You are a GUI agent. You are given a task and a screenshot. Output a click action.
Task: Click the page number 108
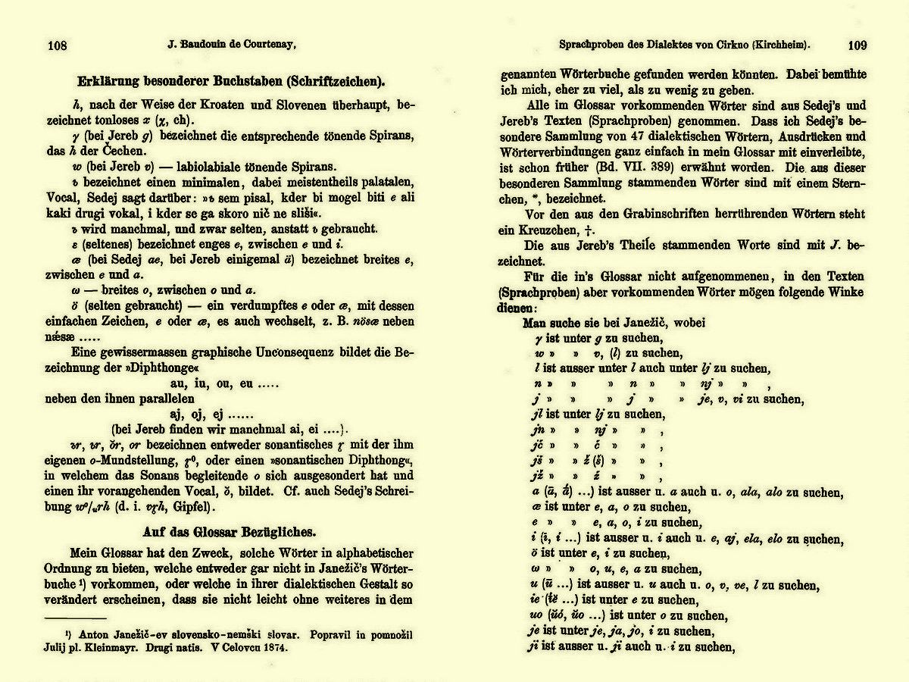pos(57,45)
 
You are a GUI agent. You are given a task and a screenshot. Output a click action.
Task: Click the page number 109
pos(857,45)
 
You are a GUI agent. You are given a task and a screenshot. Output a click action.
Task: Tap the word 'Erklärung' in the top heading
pos(111,82)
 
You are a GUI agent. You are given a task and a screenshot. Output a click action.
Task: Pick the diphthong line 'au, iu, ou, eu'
pos(227,383)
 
